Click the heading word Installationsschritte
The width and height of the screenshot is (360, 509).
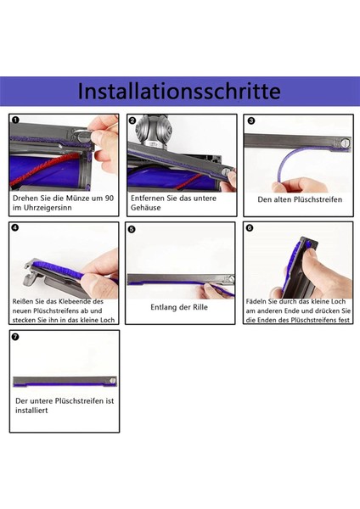(179, 91)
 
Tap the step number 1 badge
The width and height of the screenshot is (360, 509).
(16, 120)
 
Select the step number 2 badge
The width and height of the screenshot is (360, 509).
(132, 120)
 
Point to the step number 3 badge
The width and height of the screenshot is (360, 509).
(250, 121)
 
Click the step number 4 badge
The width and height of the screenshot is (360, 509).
(16, 228)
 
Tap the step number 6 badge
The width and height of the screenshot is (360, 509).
(249, 228)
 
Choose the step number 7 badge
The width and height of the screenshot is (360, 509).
(16, 337)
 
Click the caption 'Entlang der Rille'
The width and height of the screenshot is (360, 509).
(180, 308)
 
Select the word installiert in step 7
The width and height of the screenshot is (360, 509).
(31, 411)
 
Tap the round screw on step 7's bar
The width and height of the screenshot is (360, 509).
(113, 382)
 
